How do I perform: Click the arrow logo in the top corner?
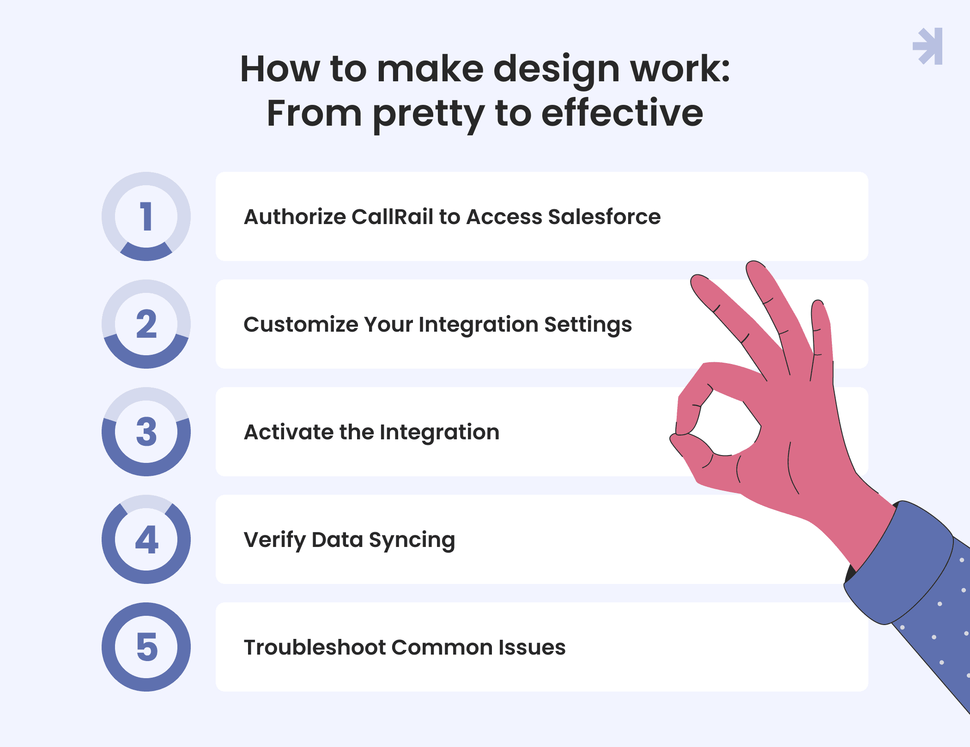928,46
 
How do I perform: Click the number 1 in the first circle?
146,216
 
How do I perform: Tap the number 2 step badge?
146,324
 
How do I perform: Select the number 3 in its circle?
146,432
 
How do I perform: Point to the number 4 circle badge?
146,539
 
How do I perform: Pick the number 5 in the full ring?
147,647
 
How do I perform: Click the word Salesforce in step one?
604,217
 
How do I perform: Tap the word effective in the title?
622,113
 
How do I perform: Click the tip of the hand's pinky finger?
818,303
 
